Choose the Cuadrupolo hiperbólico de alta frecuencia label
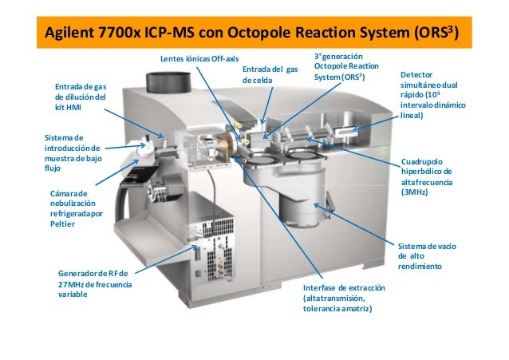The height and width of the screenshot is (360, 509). pyautogui.click(x=426, y=176)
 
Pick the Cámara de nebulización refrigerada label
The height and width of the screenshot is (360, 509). pyautogui.click(x=77, y=209)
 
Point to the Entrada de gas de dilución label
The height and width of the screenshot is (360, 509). pyautogui.click(x=80, y=97)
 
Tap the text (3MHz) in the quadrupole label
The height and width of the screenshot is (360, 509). pyautogui.click(x=417, y=192)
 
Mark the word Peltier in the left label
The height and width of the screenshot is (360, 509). pyautogui.click(x=64, y=224)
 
